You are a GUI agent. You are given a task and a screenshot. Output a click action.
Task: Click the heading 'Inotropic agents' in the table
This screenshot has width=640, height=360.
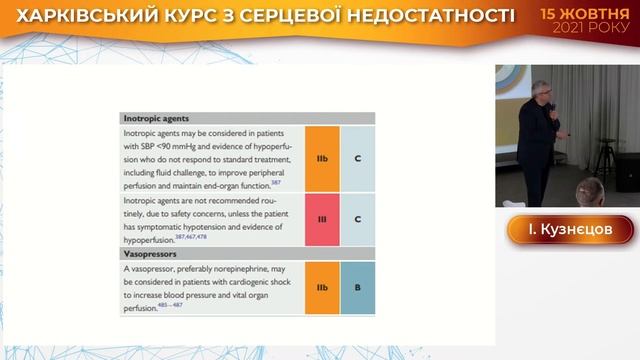(155, 118)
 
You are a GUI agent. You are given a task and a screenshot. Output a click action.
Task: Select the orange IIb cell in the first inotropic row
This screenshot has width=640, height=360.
(321, 158)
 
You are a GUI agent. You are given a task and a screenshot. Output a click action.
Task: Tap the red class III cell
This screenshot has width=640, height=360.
(321, 218)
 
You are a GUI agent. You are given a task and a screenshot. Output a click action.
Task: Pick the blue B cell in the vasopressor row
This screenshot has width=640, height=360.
(357, 288)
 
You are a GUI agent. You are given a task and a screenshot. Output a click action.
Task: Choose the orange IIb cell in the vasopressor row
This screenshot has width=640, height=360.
(321, 288)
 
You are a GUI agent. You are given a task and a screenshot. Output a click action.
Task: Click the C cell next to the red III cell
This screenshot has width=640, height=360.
(357, 218)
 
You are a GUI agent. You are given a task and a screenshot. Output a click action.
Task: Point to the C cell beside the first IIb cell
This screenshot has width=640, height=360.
(357, 158)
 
